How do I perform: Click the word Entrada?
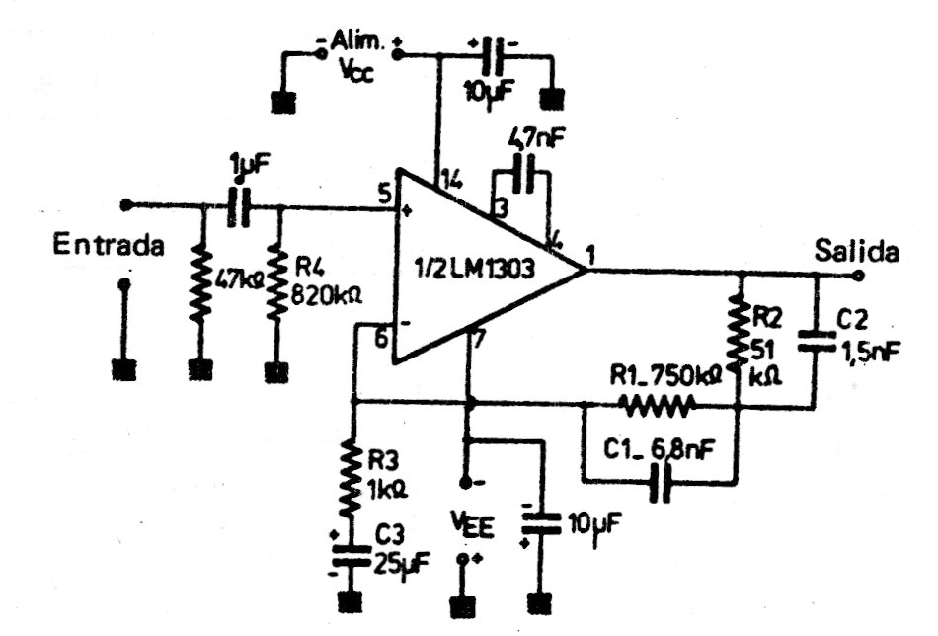click(x=109, y=246)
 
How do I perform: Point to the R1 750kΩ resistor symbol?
click(x=656, y=403)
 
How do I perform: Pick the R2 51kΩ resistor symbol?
click(x=738, y=332)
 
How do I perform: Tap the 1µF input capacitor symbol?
click(x=238, y=207)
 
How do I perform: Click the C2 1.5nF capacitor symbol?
click(x=817, y=341)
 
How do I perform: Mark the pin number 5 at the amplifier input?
click(x=382, y=194)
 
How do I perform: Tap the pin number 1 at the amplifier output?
click(x=589, y=256)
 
